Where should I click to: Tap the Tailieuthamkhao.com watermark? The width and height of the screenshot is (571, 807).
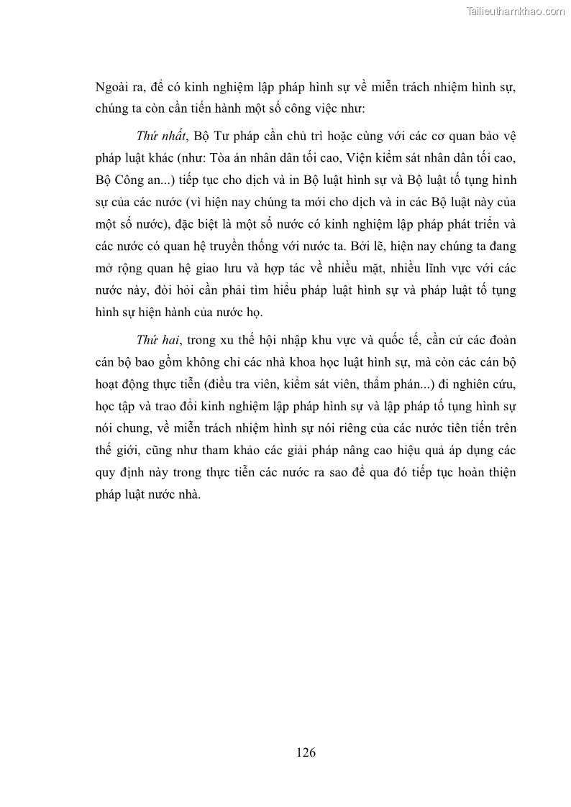point(516,11)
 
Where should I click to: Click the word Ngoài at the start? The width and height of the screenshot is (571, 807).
point(112,88)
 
